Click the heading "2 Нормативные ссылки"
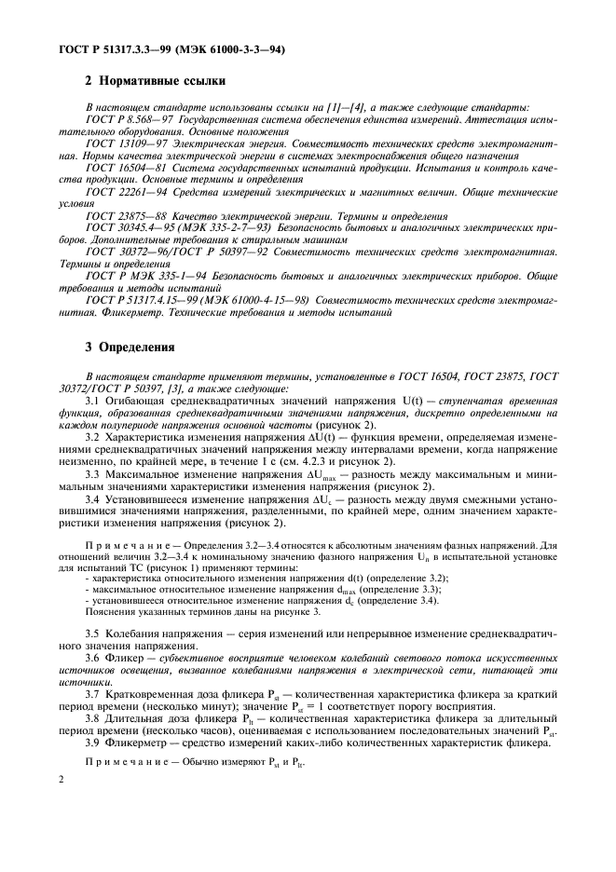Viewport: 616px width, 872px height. [x=152, y=81]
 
